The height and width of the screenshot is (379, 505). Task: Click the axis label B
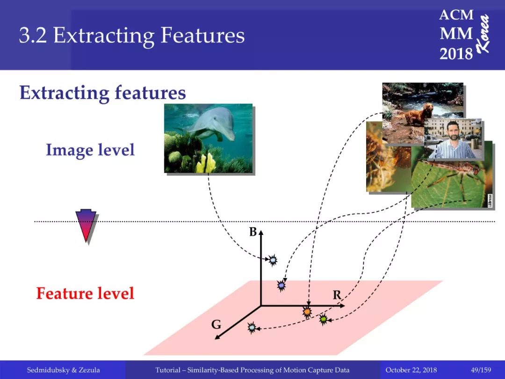pyautogui.click(x=253, y=232)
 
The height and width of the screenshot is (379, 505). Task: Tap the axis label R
pyautogui.click(x=337, y=295)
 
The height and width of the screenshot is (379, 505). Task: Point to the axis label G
pyautogui.click(x=216, y=324)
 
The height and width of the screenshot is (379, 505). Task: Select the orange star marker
pyautogui.click(x=307, y=312)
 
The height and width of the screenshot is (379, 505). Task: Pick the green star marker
pyautogui.click(x=324, y=320)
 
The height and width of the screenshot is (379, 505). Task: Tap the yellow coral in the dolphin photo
pyautogui.click(x=206, y=163)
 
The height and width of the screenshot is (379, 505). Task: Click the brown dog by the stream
pyautogui.click(x=413, y=114)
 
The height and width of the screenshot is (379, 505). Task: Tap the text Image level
pyautogui.click(x=90, y=150)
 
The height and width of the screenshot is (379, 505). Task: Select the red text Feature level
pyautogui.click(x=85, y=293)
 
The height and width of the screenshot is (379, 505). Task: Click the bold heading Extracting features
pyautogui.click(x=103, y=93)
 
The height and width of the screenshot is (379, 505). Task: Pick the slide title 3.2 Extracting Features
pyautogui.click(x=132, y=35)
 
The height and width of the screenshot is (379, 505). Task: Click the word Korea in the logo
pyautogui.click(x=483, y=34)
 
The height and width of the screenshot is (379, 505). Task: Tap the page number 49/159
pyautogui.click(x=481, y=370)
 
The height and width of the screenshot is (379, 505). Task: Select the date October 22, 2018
pyautogui.click(x=411, y=370)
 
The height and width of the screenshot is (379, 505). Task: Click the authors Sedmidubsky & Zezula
pyautogui.click(x=64, y=370)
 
